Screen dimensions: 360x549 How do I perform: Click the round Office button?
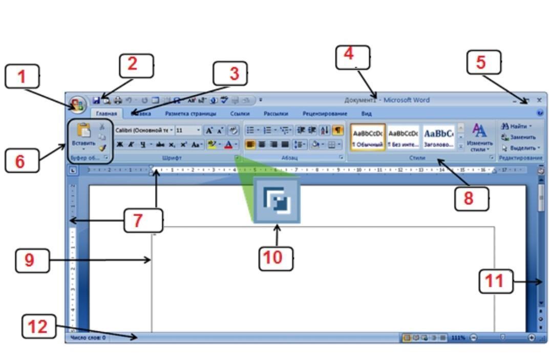click(78, 104)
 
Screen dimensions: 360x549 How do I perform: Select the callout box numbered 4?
click(353, 57)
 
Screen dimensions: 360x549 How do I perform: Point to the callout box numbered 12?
click(38, 326)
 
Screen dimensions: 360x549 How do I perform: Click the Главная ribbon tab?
click(107, 114)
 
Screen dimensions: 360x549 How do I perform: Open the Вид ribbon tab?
click(366, 114)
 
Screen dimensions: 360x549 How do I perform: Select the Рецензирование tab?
click(325, 114)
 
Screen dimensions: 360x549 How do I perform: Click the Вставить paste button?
click(83, 136)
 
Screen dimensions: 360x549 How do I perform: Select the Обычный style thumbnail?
click(368, 137)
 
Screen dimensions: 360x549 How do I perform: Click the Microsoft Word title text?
click(407, 100)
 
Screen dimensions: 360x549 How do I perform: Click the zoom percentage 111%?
click(458, 338)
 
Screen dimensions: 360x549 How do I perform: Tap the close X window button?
click(539, 100)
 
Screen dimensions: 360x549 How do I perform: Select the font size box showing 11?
click(185, 131)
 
